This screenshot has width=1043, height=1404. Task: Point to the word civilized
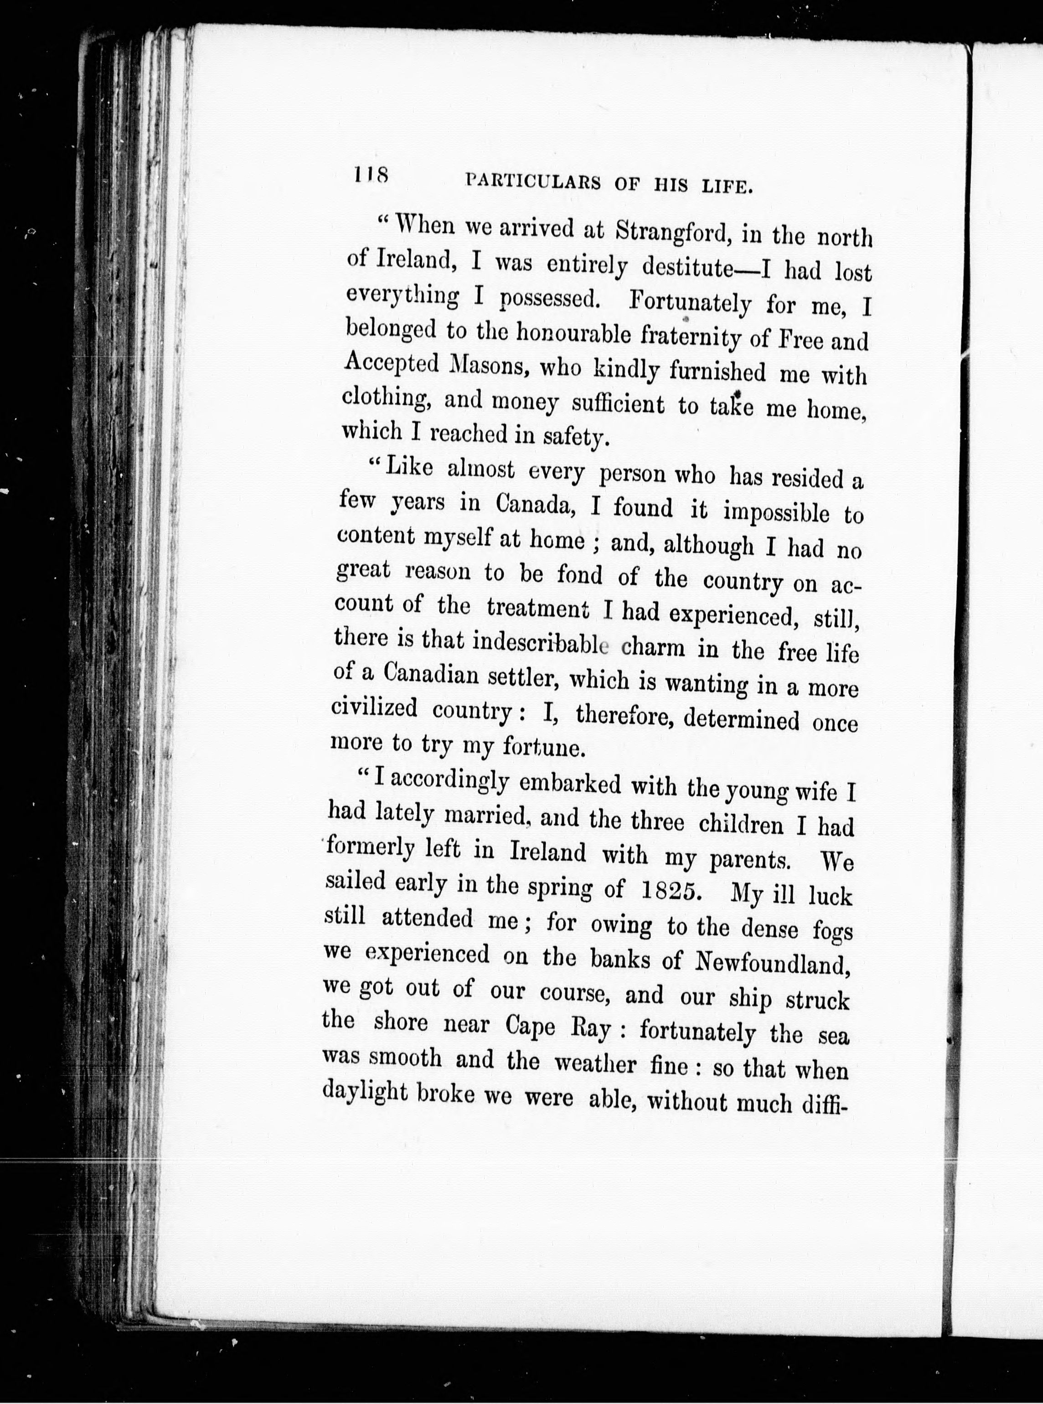(374, 708)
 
